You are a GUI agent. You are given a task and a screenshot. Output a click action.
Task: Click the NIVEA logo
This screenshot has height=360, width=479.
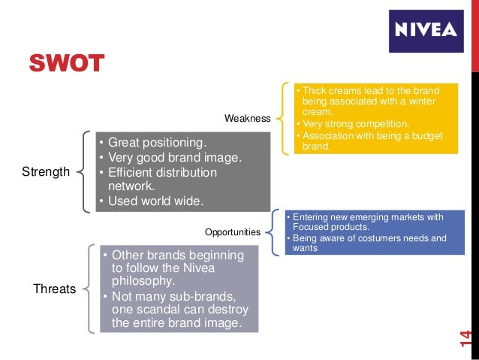426,31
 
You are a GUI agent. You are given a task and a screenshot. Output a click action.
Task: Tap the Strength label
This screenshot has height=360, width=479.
45,172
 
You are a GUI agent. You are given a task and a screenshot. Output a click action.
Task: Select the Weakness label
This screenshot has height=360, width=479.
247,119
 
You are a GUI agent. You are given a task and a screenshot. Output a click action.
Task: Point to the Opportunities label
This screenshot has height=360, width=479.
233,232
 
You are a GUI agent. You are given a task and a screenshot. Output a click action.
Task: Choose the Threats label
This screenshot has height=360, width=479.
54,289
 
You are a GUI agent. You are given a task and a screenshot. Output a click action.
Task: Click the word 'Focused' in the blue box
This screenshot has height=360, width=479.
310,227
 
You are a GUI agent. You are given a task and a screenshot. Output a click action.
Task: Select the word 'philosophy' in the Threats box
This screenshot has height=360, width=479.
143,282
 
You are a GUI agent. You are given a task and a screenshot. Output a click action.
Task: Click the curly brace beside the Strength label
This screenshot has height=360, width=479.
83,171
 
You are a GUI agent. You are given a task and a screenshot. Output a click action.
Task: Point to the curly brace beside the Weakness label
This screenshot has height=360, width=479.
282,119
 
